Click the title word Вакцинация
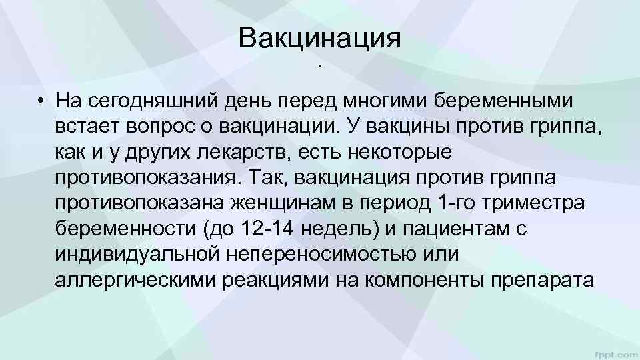click(320, 39)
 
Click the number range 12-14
click(270, 229)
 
